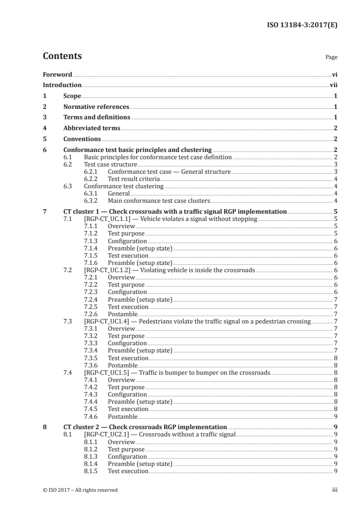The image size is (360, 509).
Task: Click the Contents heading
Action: (x=62, y=56)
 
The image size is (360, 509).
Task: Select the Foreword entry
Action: (x=57, y=74)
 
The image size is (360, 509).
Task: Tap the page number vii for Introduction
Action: (x=334, y=85)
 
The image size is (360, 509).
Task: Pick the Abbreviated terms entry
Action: (x=92, y=128)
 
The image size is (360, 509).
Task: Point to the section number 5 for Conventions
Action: (x=44, y=139)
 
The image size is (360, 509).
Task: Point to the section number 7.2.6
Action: (x=92, y=314)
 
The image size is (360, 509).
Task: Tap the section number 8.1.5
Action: (x=92, y=471)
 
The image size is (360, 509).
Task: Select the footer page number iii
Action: (x=335, y=490)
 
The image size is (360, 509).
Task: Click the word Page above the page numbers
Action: (x=331, y=58)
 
